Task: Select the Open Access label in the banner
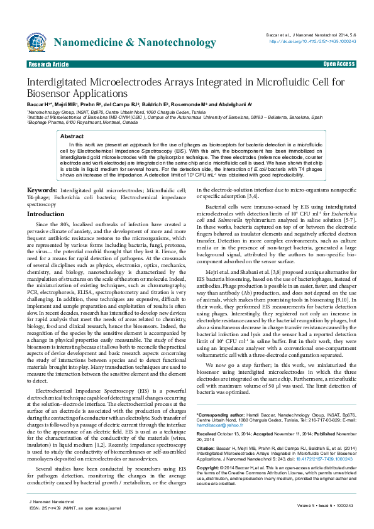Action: pyautogui.click(x=339, y=64)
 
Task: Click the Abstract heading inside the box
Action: pyautogui.click(x=71, y=136)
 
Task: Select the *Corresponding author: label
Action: pyautogui.click(x=222, y=397)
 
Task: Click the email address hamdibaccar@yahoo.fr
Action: pyautogui.click(x=219, y=407)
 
